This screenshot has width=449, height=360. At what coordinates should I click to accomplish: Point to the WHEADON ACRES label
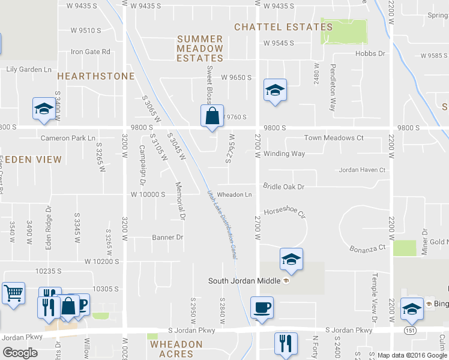coord(176,349)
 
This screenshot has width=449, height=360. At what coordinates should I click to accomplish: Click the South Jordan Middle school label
coord(245,281)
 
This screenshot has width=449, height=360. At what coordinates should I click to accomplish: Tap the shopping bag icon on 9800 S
coord(212,116)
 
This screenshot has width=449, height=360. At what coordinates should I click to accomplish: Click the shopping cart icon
coord(13,293)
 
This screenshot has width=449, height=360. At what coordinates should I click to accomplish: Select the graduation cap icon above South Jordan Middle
coord(291,259)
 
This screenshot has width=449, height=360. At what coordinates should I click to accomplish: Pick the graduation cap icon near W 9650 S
coord(275,91)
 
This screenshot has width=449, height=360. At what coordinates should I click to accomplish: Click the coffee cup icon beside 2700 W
coord(262,308)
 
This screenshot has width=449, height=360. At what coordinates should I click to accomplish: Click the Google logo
coord(20,352)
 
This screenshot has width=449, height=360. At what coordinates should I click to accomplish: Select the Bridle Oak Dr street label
coord(284,187)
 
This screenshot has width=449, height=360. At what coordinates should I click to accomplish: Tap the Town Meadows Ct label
coord(334,138)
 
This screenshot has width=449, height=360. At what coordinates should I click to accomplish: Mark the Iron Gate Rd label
coord(91,52)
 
